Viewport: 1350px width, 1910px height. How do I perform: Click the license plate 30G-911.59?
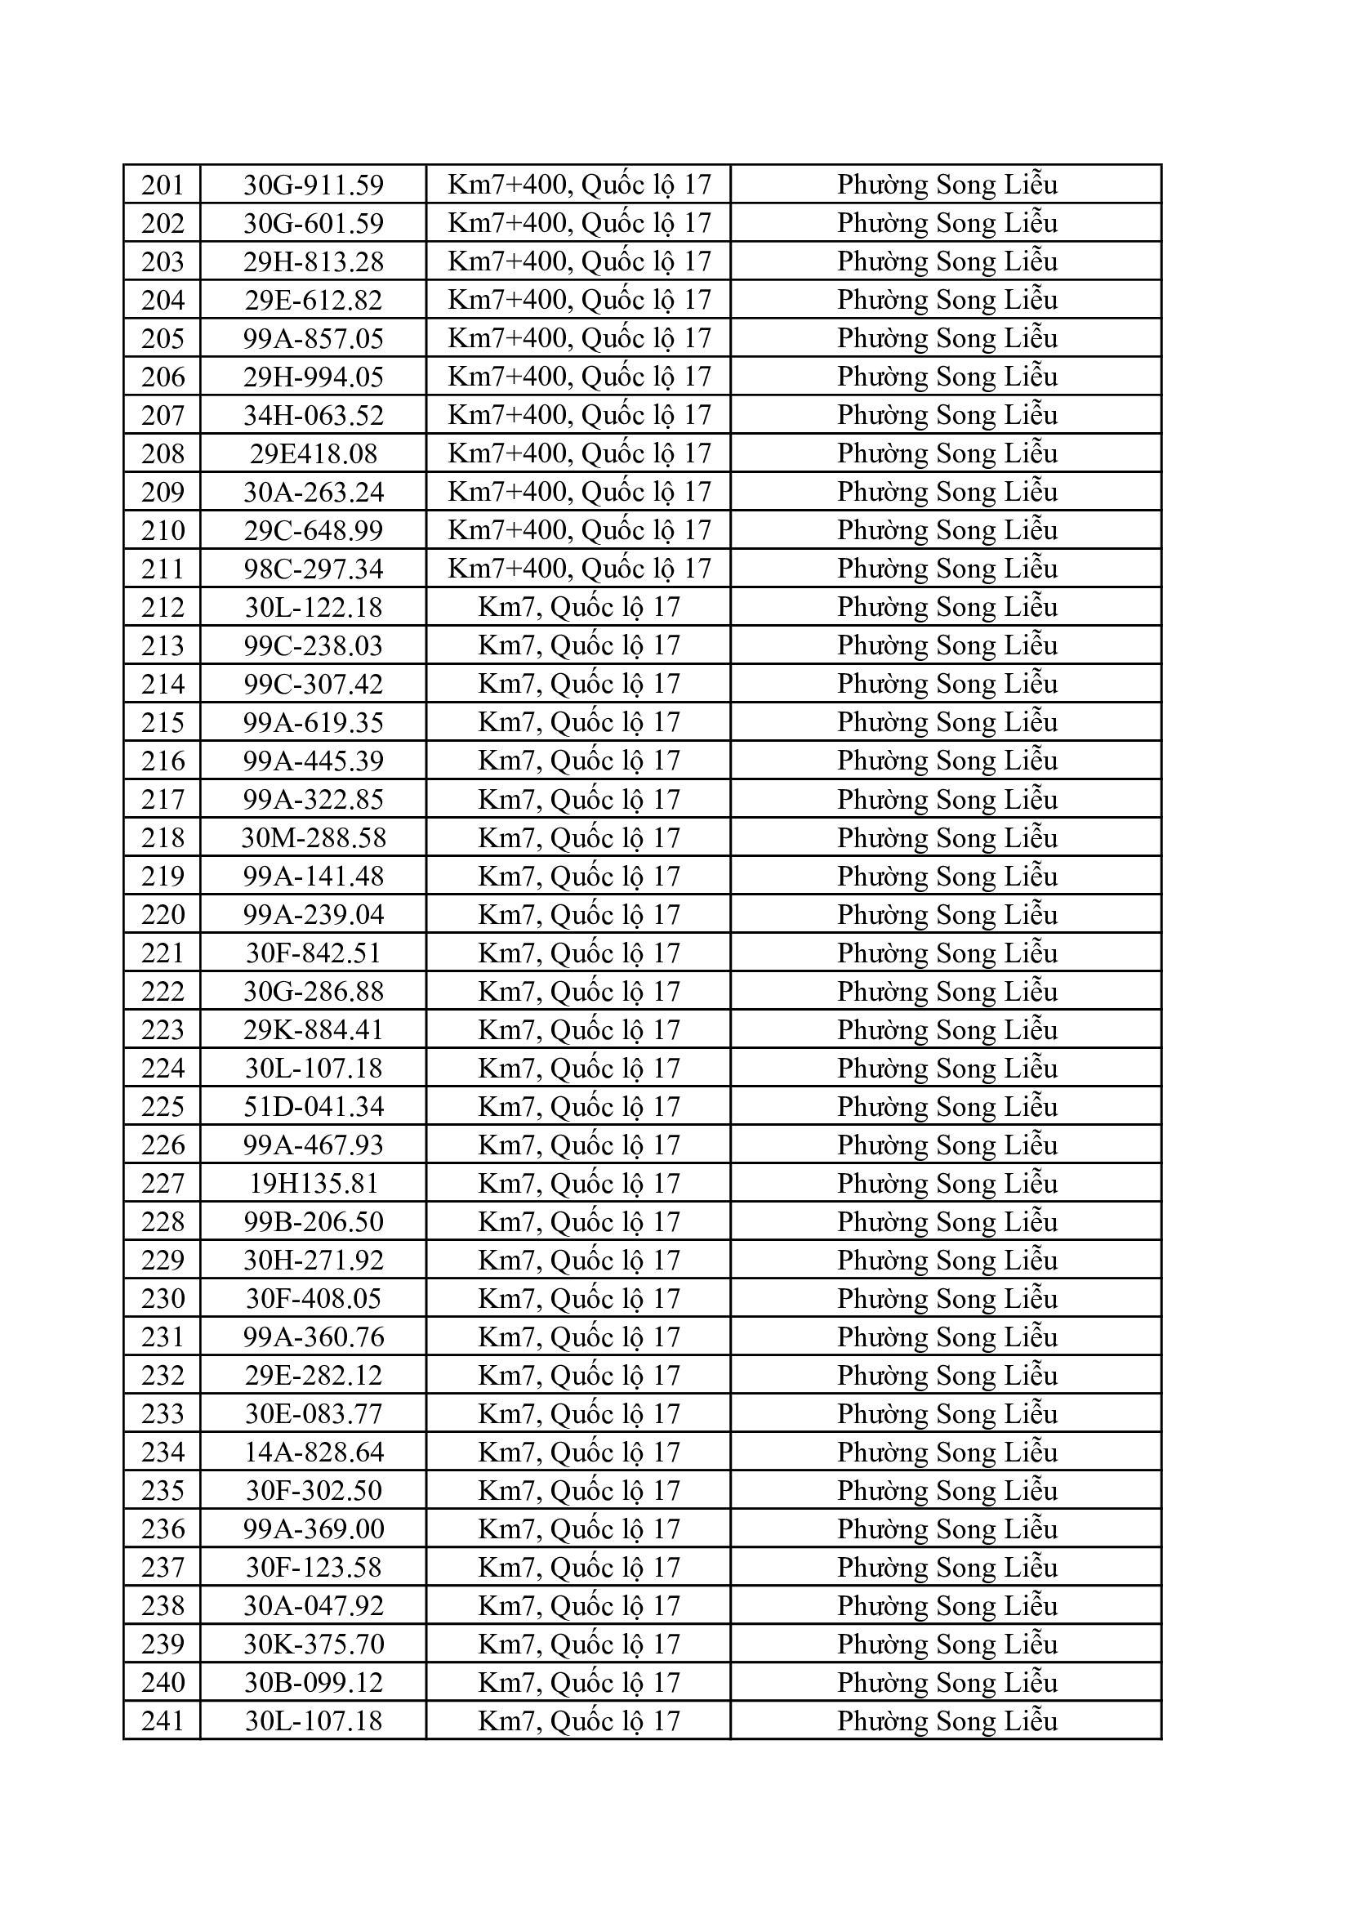coord(314,185)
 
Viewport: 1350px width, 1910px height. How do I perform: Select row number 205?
coord(163,338)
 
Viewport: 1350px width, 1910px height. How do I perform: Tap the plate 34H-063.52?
coord(314,415)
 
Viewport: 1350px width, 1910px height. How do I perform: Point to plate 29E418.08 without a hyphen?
coord(314,453)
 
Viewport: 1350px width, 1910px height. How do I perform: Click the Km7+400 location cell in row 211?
coord(579,569)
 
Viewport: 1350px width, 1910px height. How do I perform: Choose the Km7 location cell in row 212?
coord(579,607)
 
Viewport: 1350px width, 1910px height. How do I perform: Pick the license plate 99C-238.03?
coord(314,645)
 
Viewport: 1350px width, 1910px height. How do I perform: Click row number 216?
coord(163,761)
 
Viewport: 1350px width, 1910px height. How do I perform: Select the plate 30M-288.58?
coord(314,837)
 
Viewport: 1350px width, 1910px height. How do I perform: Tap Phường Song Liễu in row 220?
coord(947,915)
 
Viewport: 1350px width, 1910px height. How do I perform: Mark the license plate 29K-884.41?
coord(314,1030)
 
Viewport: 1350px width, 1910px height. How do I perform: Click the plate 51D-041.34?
coord(314,1107)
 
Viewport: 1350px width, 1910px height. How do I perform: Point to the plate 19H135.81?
coord(314,1184)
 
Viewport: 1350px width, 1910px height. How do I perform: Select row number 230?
coord(163,1299)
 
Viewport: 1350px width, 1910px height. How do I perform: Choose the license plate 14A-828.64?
coord(314,1453)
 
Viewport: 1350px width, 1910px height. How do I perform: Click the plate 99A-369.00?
coord(314,1529)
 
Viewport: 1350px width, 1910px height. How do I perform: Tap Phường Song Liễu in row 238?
coord(947,1606)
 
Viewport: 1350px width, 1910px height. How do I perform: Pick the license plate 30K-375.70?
coord(314,1644)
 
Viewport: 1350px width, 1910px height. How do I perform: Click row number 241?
coord(163,1721)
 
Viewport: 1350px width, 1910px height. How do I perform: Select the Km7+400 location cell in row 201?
coord(579,185)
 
